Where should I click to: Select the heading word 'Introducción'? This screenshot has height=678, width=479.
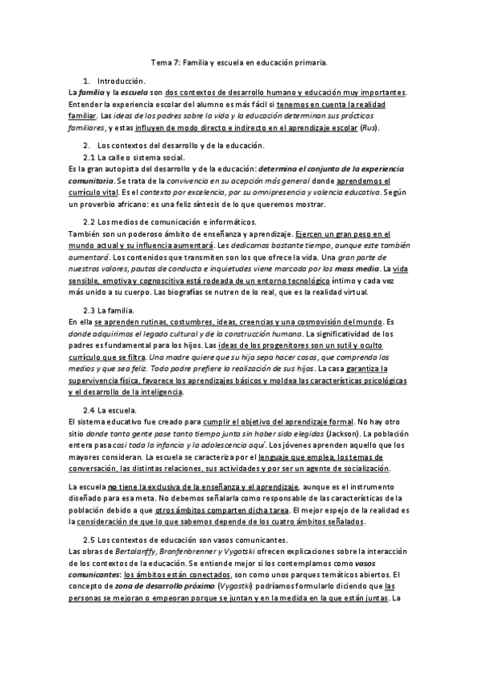tap(121, 82)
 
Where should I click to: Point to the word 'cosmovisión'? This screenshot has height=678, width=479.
tap(325, 321)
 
